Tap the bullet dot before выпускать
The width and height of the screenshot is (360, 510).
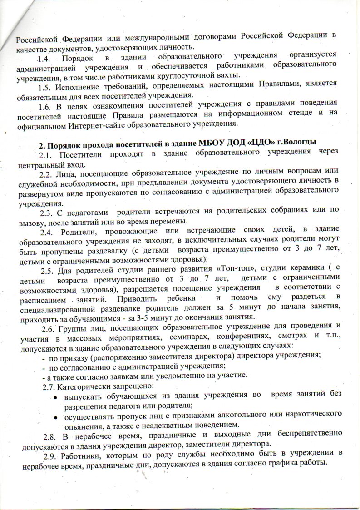pyautogui.click(x=55, y=396)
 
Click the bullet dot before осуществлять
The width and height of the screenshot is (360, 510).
pyautogui.click(x=55, y=416)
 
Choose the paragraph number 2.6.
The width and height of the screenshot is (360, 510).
pyautogui.click(x=49, y=328)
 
